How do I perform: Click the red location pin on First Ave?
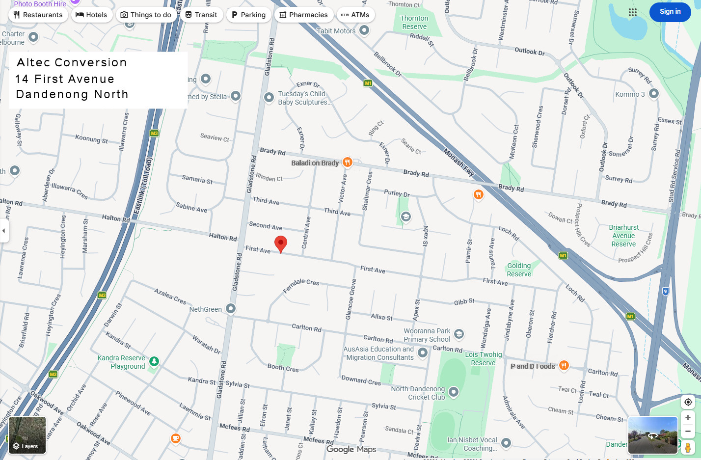click(x=280, y=243)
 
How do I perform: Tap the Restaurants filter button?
click(x=38, y=15)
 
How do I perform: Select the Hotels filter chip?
click(x=92, y=15)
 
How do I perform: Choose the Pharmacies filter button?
click(x=303, y=15)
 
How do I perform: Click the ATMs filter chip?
click(x=355, y=15)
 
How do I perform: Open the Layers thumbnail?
click(x=27, y=435)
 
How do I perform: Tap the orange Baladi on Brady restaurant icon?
click(x=348, y=162)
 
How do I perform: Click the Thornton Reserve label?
click(x=414, y=22)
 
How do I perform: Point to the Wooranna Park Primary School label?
click(x=427, y=335)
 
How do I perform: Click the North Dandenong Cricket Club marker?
click(x=454, y=392)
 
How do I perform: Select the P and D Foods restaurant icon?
click(x=564, y=365)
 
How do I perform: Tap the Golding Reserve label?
click(x=519, y=270)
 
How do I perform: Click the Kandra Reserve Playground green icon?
click(x=154, y=361)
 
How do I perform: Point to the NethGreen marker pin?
click(x=231, y=308)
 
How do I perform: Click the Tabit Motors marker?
click(x=364, y=30)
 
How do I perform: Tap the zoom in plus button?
click(x=688, y=417)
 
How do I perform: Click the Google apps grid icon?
click(x=633, y=12)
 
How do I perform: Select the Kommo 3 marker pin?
click(x=654, y=93)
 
